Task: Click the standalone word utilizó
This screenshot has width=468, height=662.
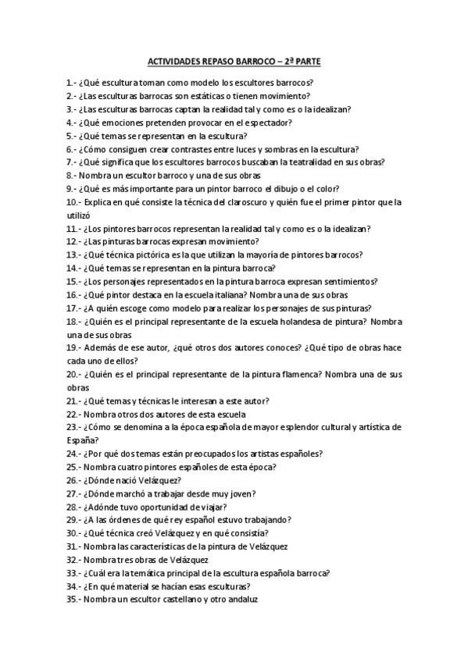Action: [80, 215]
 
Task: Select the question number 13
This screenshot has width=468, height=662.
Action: [73, 254]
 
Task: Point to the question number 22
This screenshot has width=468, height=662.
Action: [73, 414]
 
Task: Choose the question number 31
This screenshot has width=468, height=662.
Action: [73, 546]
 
